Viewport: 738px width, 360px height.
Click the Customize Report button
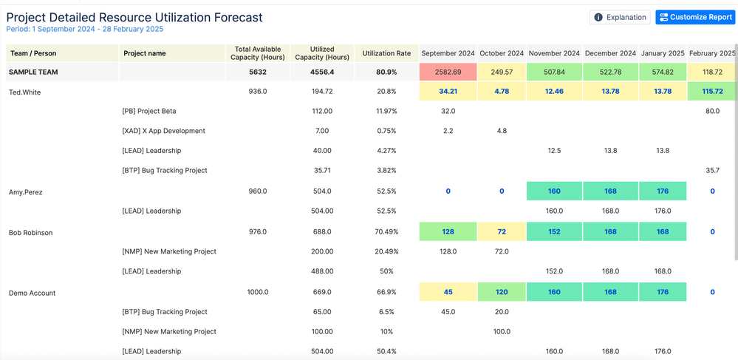pos(695,17)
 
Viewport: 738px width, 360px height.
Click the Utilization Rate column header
pos(386,53)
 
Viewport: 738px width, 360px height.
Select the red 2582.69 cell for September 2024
pos(448,72)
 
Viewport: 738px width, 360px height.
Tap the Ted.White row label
pos(25,92)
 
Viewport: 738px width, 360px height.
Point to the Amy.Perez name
pos(25,192)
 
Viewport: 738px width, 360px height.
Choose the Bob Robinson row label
pos(30,232)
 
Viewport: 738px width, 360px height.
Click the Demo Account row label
pos(32,293)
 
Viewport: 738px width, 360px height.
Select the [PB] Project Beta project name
pos(149,111)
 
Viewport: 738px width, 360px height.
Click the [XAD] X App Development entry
pos(163,131)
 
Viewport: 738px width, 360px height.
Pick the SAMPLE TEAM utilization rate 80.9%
pos(386,72)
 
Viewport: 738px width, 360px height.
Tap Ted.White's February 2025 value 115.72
pos(712,92)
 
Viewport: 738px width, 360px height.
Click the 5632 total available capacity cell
pos(258,72)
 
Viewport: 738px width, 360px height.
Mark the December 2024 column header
pos(610,53)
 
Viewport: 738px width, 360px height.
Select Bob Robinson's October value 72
pos(502,232)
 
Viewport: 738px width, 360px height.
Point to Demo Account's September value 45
pos(448,292)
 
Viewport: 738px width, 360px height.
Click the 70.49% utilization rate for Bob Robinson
pos(386,232)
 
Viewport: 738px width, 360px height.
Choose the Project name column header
pos(145,53)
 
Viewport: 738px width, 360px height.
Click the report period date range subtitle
pos(85,30)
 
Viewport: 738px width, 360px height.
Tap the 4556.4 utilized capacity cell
pos(322,72)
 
